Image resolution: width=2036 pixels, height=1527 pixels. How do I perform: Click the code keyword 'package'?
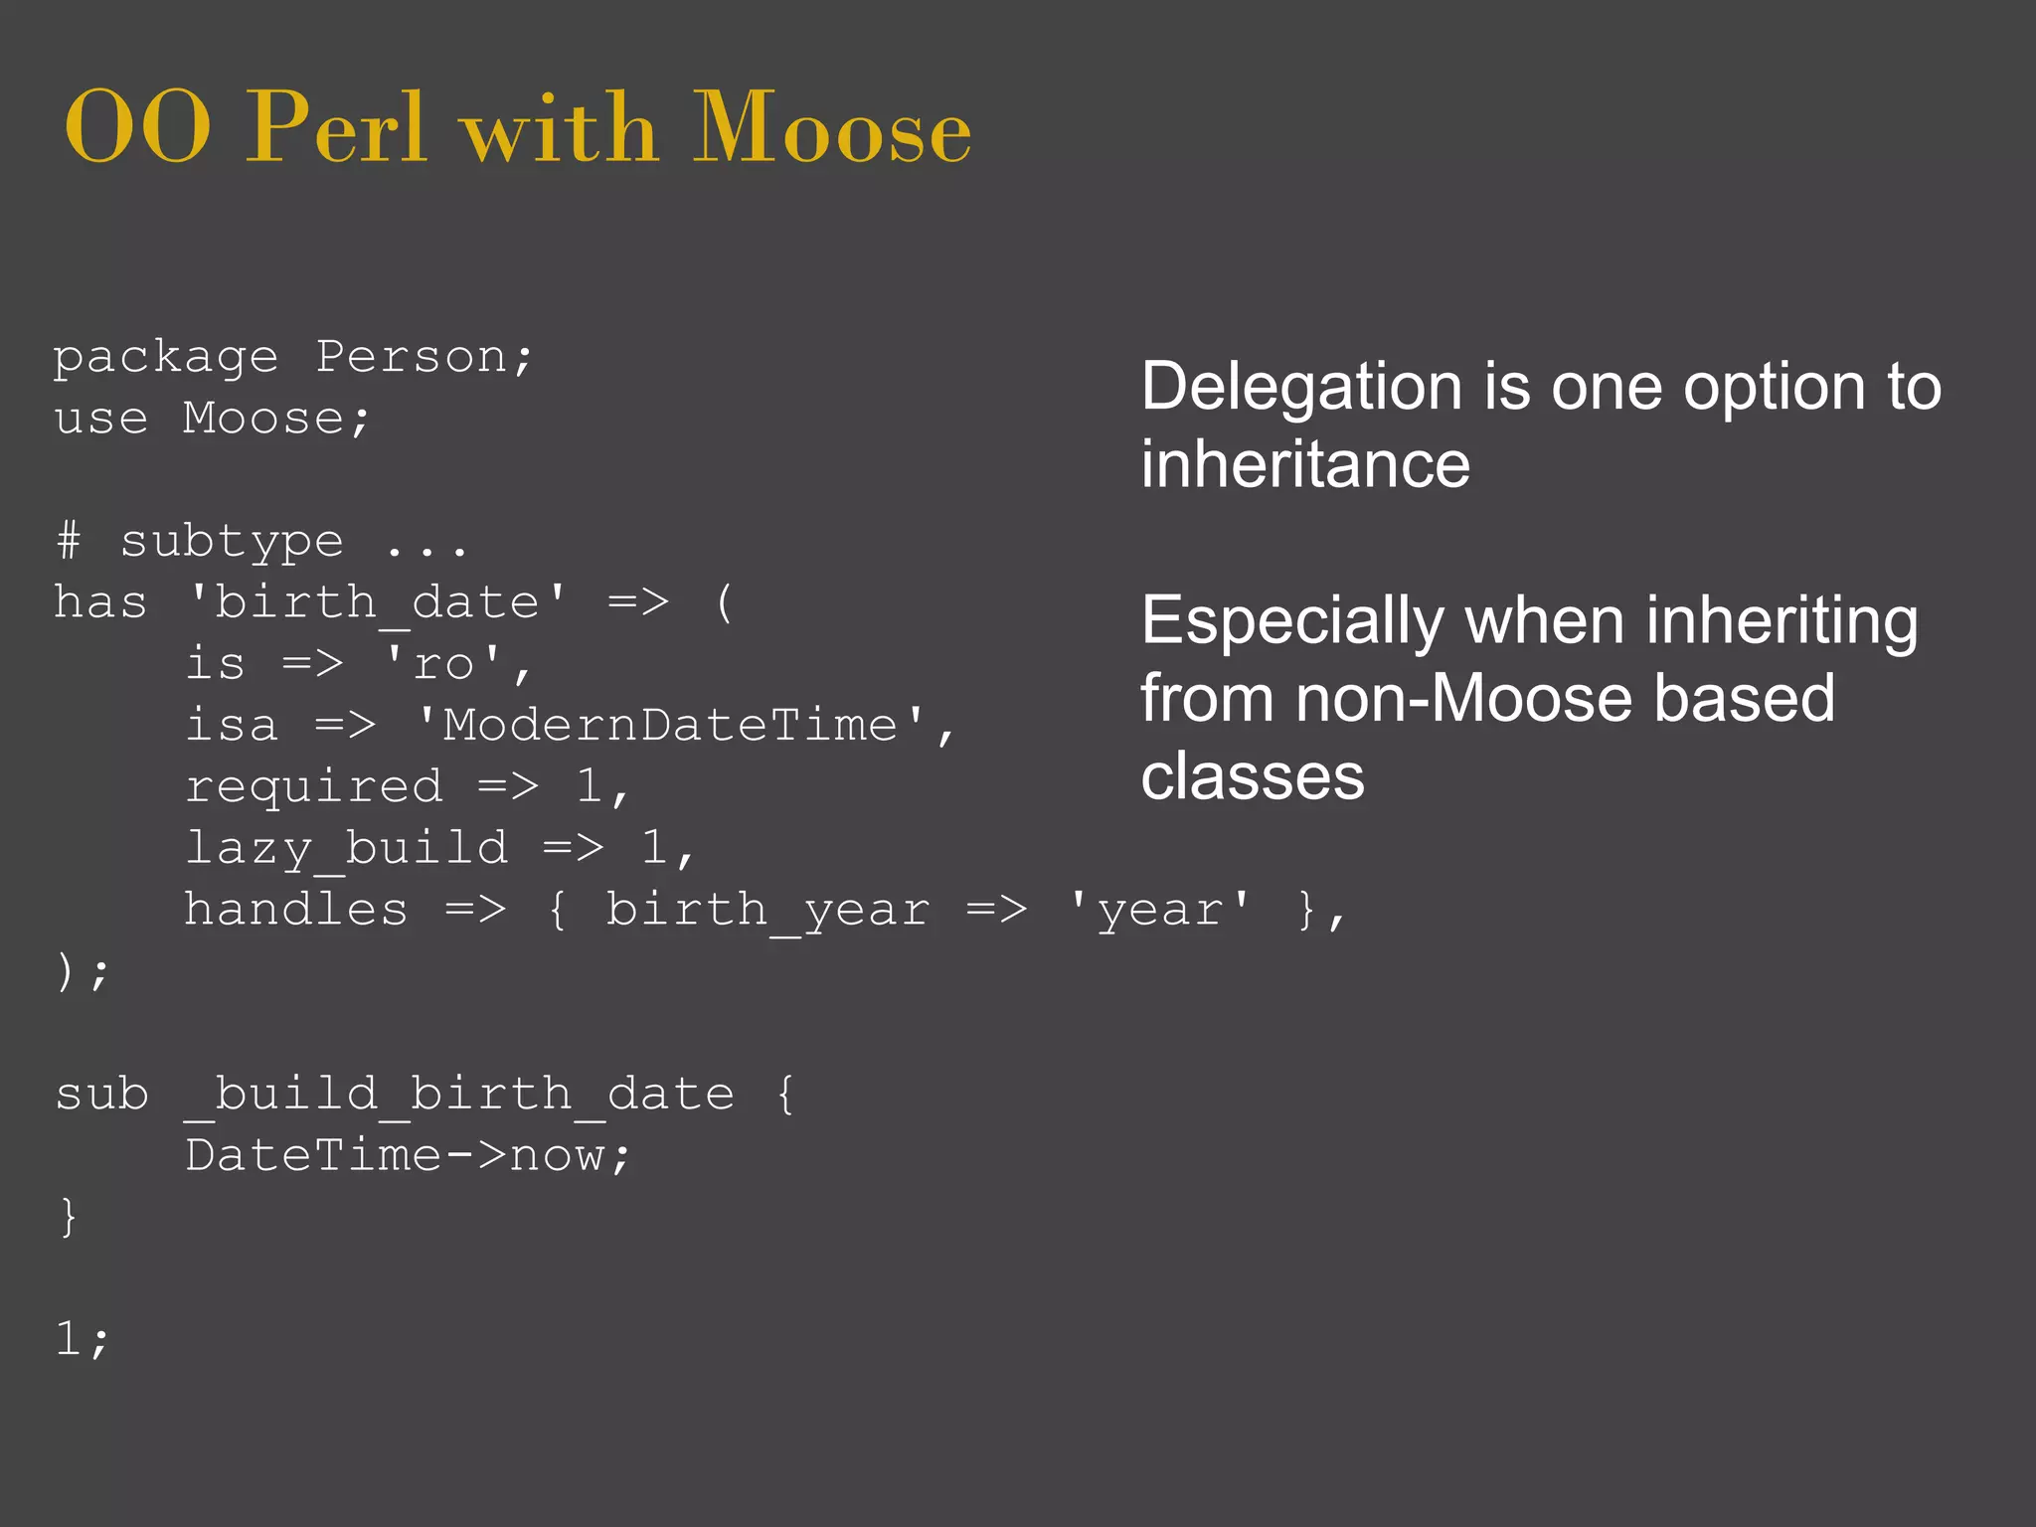[165, 357]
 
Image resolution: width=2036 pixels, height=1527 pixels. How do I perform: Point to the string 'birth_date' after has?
[378, 602]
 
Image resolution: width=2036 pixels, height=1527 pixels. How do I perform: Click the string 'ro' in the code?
[444, 664]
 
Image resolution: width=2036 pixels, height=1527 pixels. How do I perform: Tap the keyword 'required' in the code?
[314, 786]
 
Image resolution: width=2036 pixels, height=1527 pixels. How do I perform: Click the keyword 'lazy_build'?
[346, 848]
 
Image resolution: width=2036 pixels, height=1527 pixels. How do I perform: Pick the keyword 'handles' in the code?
[296, 910]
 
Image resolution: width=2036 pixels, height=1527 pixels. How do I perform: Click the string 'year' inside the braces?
[1159, 910]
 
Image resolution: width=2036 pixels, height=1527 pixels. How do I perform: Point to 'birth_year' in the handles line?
[767, 910]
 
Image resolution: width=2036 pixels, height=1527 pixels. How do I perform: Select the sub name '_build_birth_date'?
[459, 1095]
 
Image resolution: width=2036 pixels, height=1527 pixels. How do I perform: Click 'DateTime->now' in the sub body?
[408, 1155]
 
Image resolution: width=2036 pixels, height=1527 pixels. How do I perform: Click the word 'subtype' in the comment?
[232, 542]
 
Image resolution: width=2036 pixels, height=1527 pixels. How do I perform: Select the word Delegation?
[1301, 386]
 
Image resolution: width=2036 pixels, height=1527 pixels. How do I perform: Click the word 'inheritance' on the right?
[1305, 464]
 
